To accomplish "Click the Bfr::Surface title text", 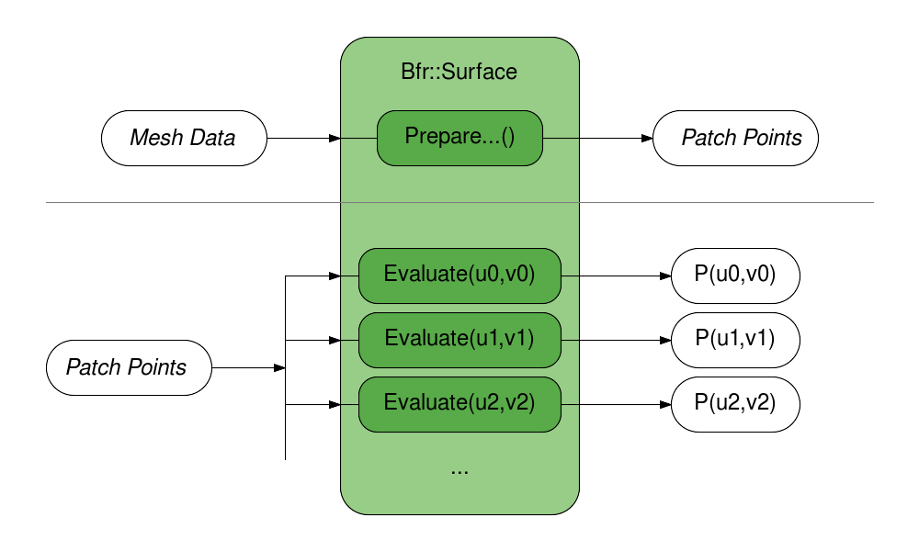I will pos(459,71).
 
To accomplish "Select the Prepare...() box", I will pos(459,138).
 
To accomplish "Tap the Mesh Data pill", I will pos(184,138).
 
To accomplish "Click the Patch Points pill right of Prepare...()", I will pos(735,138).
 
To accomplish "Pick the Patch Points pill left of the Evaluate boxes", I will pos(129,367).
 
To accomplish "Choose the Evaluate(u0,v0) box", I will pos(459,275).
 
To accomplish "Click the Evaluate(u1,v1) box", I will pos(459,340).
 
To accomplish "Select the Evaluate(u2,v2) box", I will pos(459,404).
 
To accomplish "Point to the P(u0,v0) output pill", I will pos(735,275).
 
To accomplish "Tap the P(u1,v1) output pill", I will pos(735,340).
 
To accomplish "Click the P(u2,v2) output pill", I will pos(735,404).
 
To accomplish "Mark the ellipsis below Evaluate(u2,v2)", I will pos(459,470).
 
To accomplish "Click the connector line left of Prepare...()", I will pos(358,138).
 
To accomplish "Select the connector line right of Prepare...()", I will pos(561,138).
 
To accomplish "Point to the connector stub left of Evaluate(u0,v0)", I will pos(349,275).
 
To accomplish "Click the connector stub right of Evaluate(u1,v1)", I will pos(570,340).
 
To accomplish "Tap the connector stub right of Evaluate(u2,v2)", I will pos(570,404).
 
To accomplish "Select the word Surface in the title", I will pos(480,71).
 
